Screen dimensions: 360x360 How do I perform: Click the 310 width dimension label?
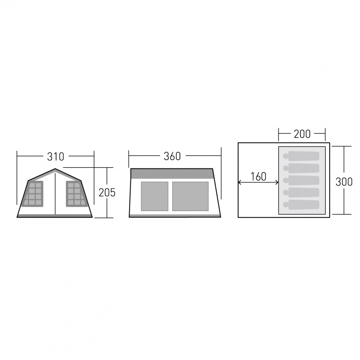click(x=56, y=156)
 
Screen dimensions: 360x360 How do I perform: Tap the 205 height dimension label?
click(x=107, y=192)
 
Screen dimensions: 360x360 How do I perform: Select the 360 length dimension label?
click(x=172, y=156)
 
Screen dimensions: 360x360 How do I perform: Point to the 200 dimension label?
click(x=302, y=134)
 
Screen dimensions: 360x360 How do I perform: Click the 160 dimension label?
click(x=258, y=176)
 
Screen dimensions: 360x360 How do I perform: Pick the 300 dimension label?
click(x=344, y=182)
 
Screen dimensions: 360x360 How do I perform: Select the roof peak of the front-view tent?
click(x=55, y=169)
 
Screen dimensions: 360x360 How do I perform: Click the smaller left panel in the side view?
click(x=155, y=196)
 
